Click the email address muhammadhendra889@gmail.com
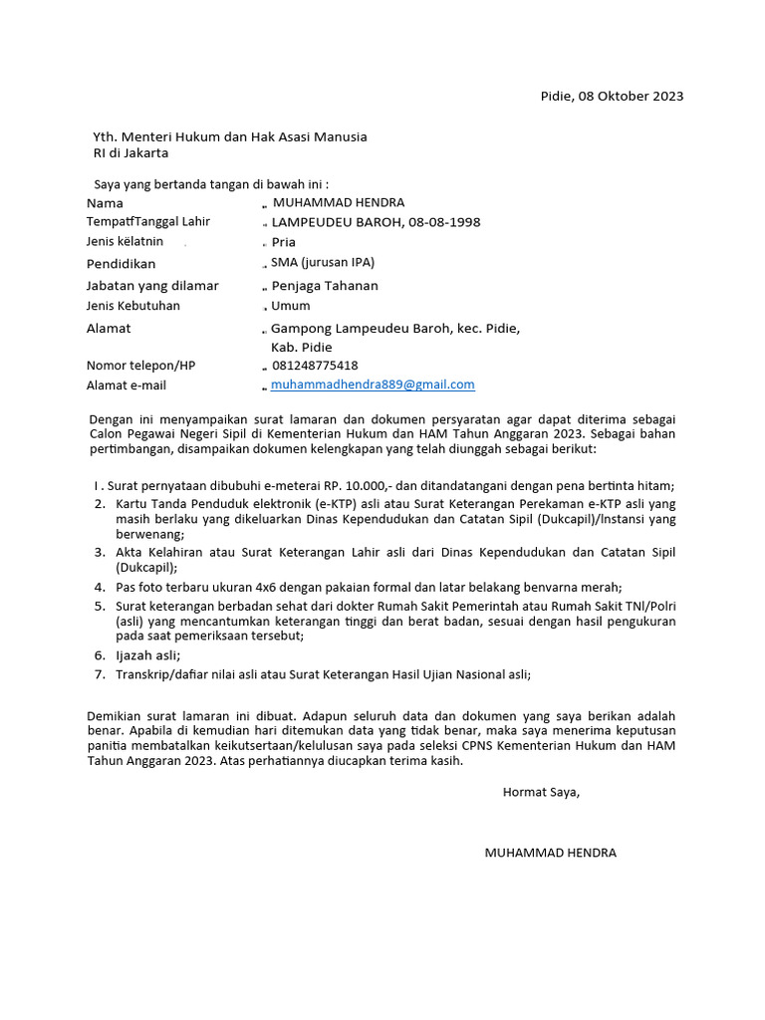click(373, 384)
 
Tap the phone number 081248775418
click(315, 366)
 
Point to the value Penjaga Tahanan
click(325, 286)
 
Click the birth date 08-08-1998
click(443, 222)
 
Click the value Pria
click(284, 242)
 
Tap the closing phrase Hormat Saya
click(541, 792)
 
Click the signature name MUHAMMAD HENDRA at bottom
click(550, 853)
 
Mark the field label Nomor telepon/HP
click(141, 366)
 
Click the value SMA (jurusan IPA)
click(323, 263)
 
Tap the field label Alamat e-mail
click(127, 385)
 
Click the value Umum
click(291, 306)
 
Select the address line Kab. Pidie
click(302, 348)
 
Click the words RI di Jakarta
click(130, 153)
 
